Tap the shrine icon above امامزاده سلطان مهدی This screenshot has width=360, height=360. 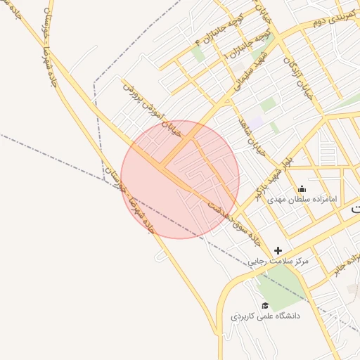(x=302, y=188)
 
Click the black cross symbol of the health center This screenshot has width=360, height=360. (x=278, y=250)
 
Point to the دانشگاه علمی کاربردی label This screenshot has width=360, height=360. (x=265, y=316)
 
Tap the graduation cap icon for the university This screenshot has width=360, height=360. (x=265, y=305)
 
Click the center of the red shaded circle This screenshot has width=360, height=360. (x=180, y=179)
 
